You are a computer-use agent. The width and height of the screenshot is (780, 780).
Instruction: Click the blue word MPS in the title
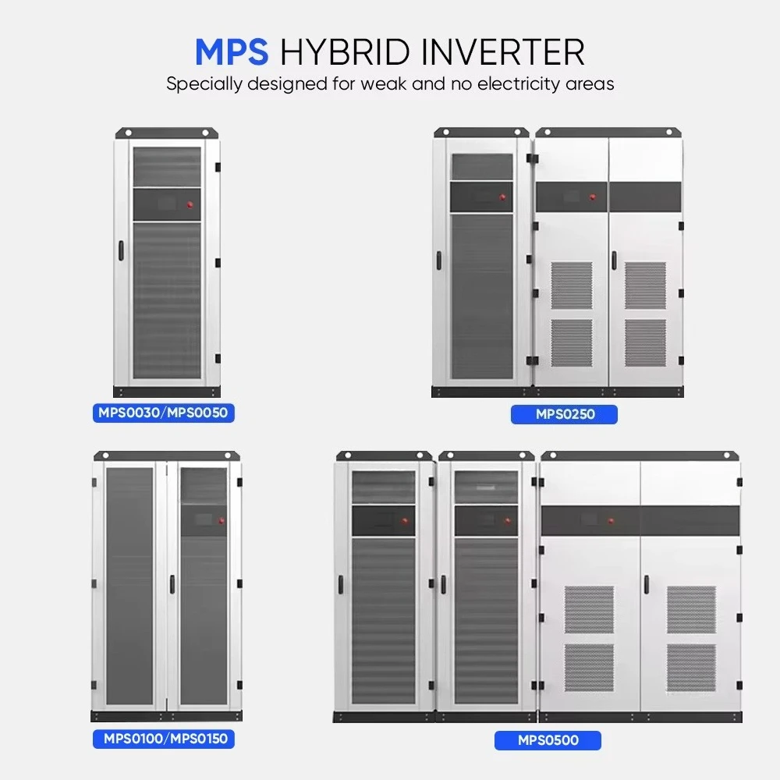tap(231, 51)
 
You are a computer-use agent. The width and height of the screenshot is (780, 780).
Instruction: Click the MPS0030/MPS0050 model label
tap(163, 413)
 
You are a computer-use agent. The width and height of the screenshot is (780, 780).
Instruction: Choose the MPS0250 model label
tap(564, 414)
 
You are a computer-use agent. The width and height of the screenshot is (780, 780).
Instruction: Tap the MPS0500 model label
tap(548, 740)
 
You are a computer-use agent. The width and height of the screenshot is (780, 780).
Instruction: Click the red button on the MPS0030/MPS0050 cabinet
tap(190, 205)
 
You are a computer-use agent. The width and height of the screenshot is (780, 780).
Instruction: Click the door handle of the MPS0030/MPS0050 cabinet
tap(121, 250)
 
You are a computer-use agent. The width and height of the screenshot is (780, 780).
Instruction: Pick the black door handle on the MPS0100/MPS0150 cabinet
tap(172, 584)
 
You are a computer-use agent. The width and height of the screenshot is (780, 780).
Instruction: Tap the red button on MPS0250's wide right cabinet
tap(593, 197)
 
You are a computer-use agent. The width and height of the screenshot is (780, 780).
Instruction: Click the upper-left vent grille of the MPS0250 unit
tap(572, 285)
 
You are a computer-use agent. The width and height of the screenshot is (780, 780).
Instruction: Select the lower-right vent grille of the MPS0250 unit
tap(645, 342)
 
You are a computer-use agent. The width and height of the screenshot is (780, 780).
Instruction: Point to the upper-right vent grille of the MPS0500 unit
tap(690, 609)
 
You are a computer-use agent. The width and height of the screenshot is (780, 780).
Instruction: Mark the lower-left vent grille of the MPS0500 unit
tap(589, 667)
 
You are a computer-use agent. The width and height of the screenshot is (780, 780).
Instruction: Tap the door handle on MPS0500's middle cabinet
tap(443, 584)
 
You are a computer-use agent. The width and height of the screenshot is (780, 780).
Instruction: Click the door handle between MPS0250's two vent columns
tap(613, 262)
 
